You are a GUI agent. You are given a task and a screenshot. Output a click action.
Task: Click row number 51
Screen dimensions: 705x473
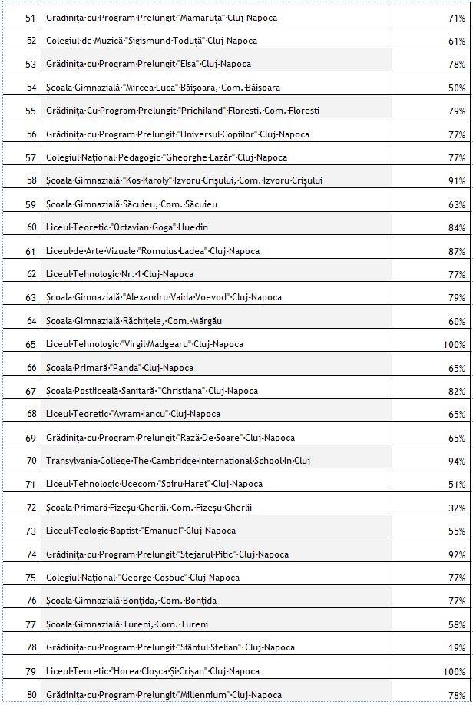(31, 18)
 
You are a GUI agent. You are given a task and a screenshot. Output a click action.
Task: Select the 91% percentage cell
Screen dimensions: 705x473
(456, 181)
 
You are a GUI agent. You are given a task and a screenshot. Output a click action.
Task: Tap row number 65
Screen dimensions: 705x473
(31, 345)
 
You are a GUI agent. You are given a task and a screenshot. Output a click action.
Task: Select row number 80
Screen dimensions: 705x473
(31, 695)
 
